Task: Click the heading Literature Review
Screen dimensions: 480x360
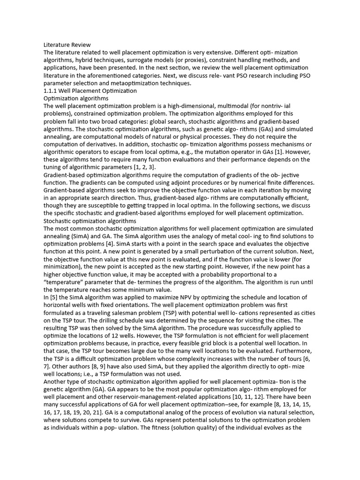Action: pyautogui.click(x=67, y=45)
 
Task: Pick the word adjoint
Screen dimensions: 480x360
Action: pyautogui.click(x=205, y=182)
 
